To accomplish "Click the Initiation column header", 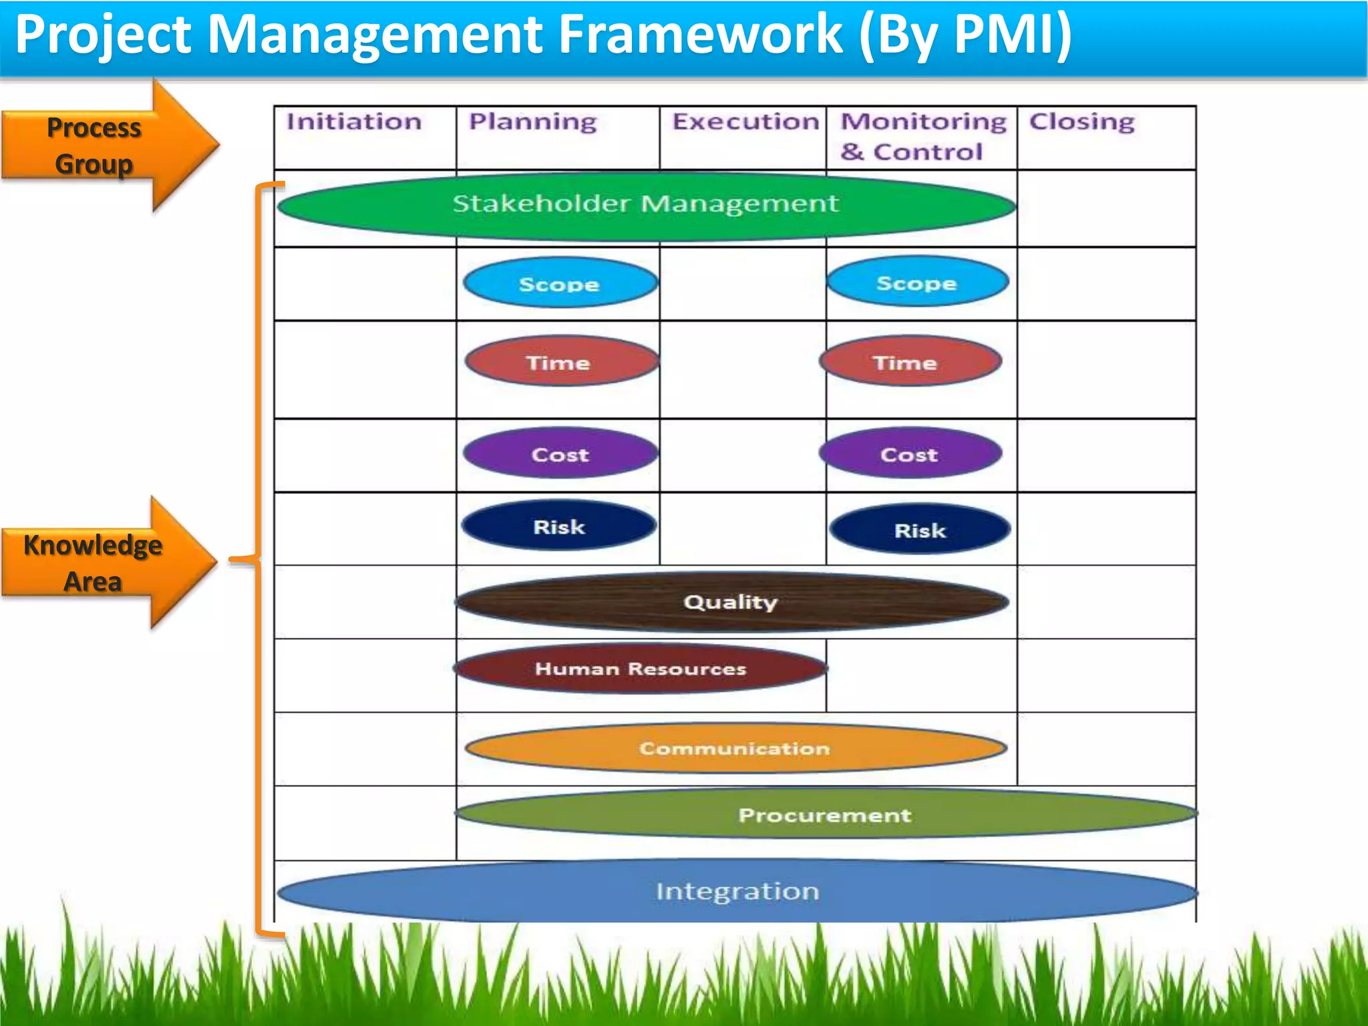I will click(354, 122).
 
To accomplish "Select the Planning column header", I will click(532, 122).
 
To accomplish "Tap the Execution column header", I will click(745, 122).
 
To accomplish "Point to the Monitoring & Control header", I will click(922, 136).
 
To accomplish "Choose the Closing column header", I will click(1081, 122).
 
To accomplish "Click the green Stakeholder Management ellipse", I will click(646, 204).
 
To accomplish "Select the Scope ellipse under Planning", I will click(560, 284).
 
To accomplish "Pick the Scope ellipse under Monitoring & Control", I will click(917, 283).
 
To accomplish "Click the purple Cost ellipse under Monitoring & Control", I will click(910, 454).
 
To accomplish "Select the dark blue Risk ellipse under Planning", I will click(558, 526).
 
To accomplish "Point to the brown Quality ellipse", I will click(731, 602).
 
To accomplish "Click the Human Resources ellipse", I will click(640, 668).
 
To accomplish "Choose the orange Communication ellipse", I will click(735, 748).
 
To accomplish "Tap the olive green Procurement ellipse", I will click(825, 814).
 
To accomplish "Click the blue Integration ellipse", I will click(737, 891).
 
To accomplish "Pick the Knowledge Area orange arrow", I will click(107, 562).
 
